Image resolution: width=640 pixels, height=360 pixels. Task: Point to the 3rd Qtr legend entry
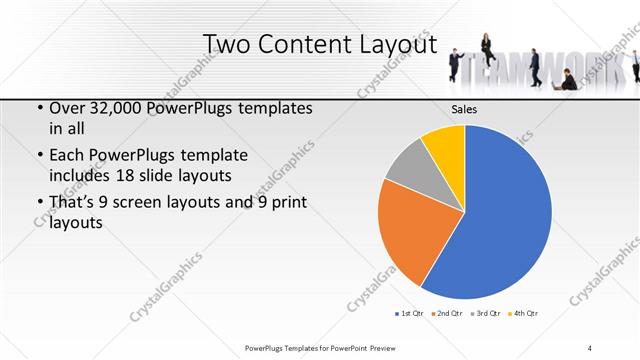(485, 314)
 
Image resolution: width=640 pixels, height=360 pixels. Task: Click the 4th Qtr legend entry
(525, 314)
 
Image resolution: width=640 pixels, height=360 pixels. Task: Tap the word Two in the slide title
(227, 45)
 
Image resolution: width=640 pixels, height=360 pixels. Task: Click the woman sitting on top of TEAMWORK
(487, 46)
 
